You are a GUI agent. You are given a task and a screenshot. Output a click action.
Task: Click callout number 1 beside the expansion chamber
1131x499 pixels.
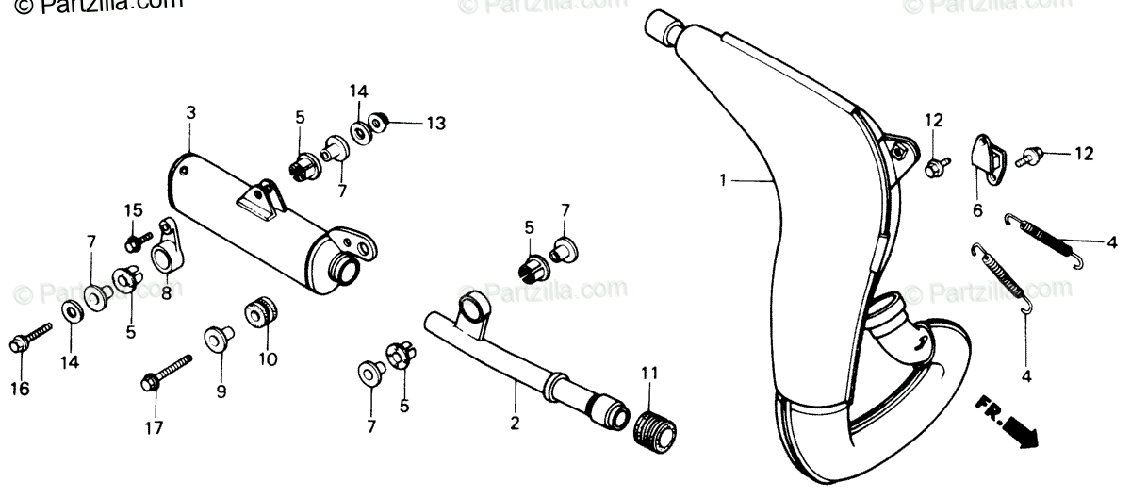(x=723, y=179)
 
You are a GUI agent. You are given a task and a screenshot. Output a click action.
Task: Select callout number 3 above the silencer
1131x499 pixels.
(x=190, y=112)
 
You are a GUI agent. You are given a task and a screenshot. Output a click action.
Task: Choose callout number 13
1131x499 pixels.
(x=434, y=123)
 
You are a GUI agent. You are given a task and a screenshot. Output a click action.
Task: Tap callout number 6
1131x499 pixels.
(x=977, y=210)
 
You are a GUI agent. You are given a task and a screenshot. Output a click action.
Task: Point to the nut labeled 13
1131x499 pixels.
(x=379, y=123)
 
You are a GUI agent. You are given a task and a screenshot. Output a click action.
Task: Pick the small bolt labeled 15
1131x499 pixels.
(x=134, y=241)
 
